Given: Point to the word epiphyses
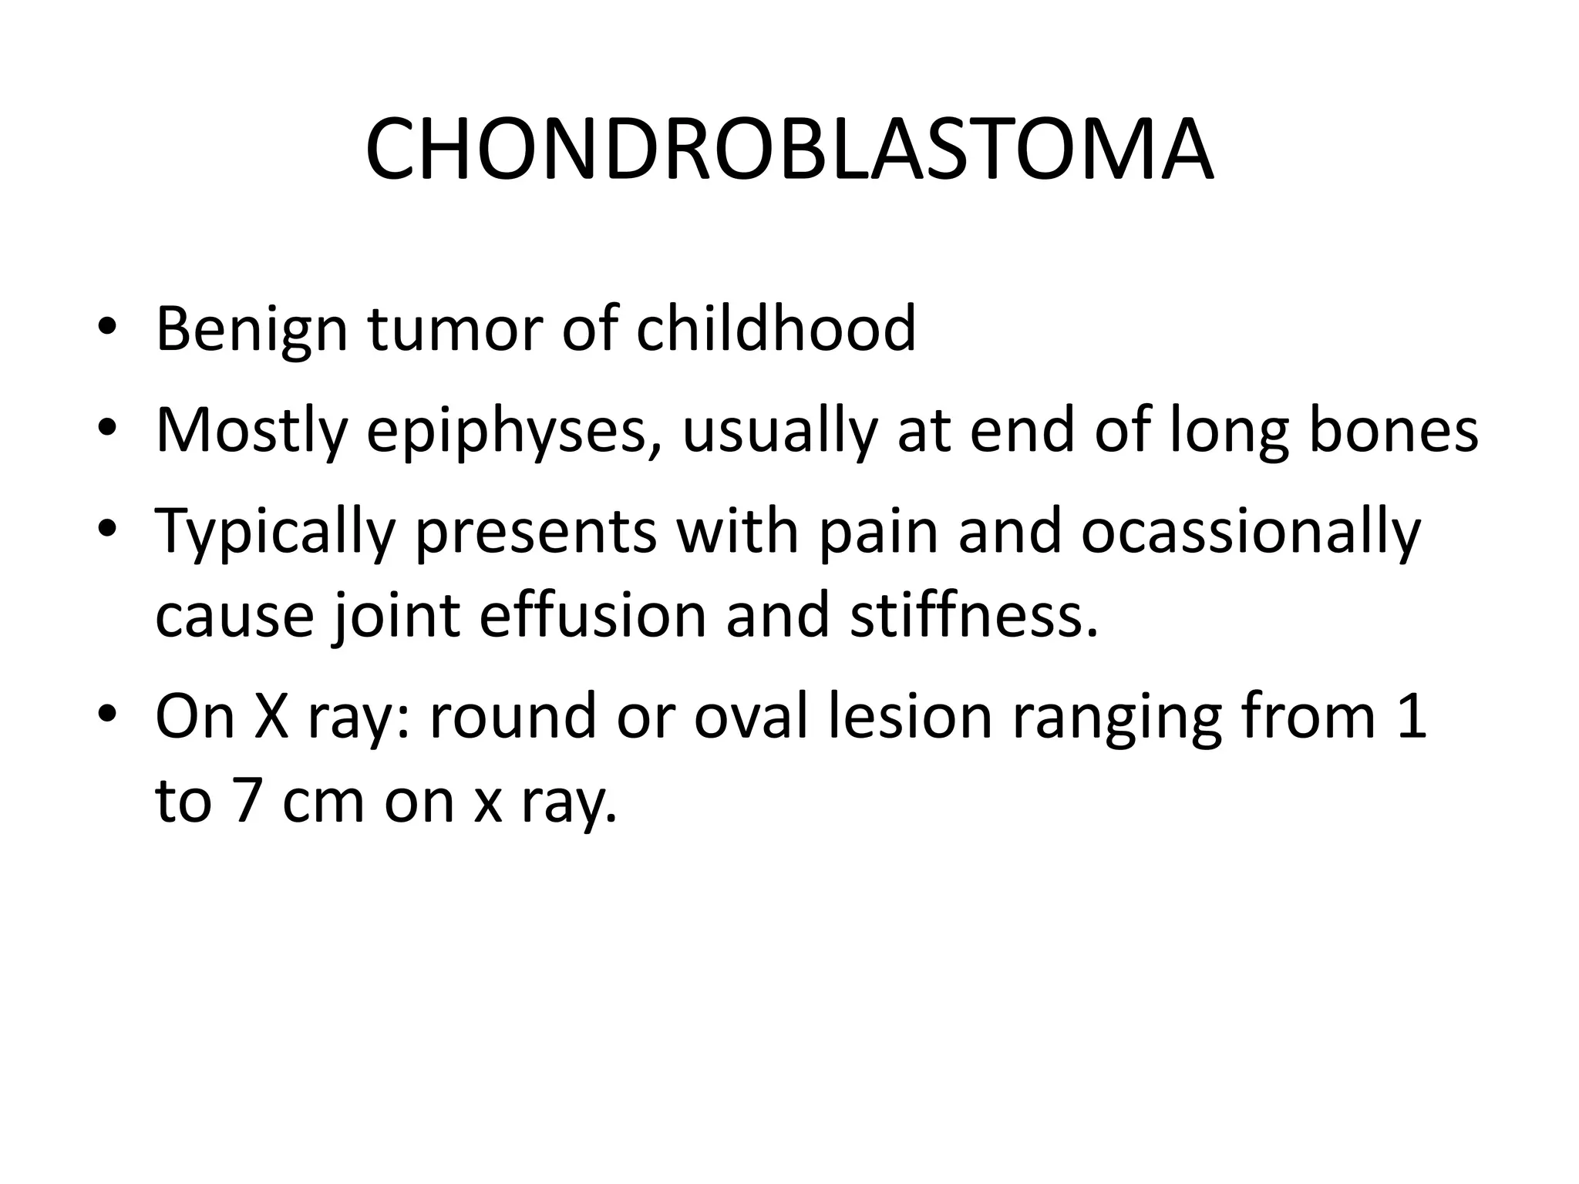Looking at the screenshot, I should pyautogui.click(x=505, y=432).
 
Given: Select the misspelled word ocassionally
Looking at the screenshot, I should pyautogui.click(x=1250, y=533).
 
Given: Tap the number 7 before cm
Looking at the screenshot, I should pyautogui.click(x=246, y=802).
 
